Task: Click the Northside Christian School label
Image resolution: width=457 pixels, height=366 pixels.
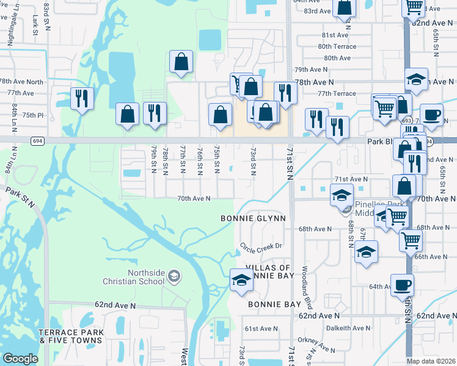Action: tap(145, 277)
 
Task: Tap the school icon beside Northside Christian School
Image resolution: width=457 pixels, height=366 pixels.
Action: tap(174, 278)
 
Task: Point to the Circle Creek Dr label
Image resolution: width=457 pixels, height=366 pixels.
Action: tap(260, 246)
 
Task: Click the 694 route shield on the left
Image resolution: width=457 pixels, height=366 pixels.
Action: tap(38, 141)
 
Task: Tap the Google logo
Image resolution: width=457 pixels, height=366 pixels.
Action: tap(21, 359)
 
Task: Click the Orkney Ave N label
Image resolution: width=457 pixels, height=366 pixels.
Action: tap(316, 345)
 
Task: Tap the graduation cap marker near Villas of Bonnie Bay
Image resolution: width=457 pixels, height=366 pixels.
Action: tap(241, 280)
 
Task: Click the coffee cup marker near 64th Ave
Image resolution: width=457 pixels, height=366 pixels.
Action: tap(402, 285)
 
